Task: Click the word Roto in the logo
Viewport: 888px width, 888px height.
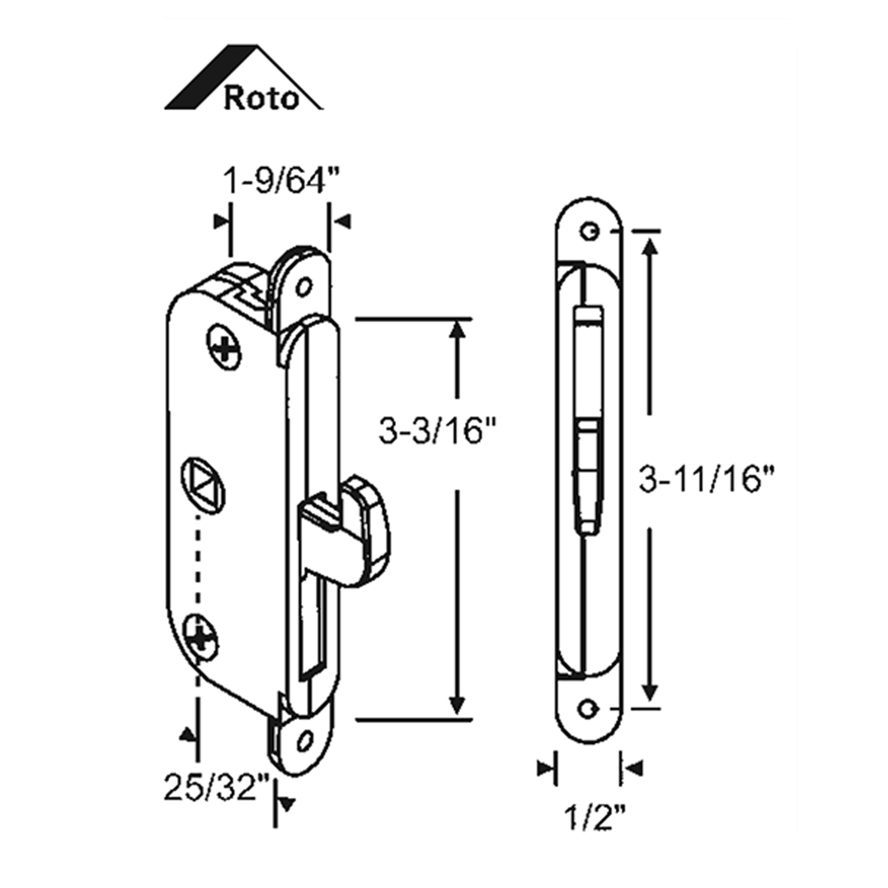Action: click(261, 97)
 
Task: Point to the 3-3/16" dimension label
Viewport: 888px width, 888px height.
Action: click(438, 430)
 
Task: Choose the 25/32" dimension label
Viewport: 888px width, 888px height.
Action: click(218, 787)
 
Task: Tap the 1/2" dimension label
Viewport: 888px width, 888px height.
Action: click(594, 818)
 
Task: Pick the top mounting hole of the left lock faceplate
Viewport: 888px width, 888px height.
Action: click(303, 286)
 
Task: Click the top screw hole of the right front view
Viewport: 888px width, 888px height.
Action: click(590, 231)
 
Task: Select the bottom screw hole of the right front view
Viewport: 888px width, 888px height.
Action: click(589, 709)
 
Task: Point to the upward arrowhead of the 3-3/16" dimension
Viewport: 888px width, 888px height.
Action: click(457, 330)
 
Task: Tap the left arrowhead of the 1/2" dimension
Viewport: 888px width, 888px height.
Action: click(546, 768)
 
